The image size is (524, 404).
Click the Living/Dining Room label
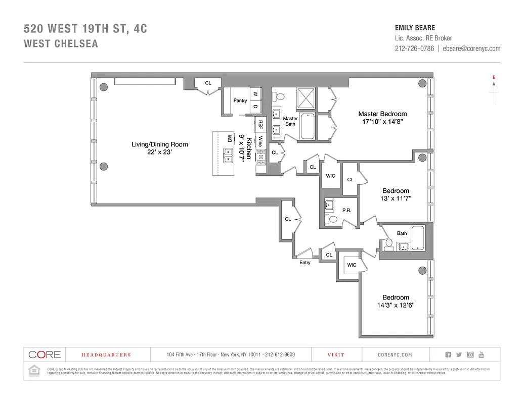159,144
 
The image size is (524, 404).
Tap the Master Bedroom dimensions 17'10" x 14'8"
382,122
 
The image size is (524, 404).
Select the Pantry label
240,100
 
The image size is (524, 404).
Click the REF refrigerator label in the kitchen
260,124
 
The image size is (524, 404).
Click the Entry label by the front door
304,263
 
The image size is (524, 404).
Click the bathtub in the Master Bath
309,126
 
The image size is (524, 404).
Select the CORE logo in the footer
45,355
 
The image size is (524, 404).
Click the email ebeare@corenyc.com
471,48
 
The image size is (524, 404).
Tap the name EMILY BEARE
415,28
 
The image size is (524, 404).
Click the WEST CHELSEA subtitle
61,44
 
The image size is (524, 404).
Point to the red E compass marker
493,77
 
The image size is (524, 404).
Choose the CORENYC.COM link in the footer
398,355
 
